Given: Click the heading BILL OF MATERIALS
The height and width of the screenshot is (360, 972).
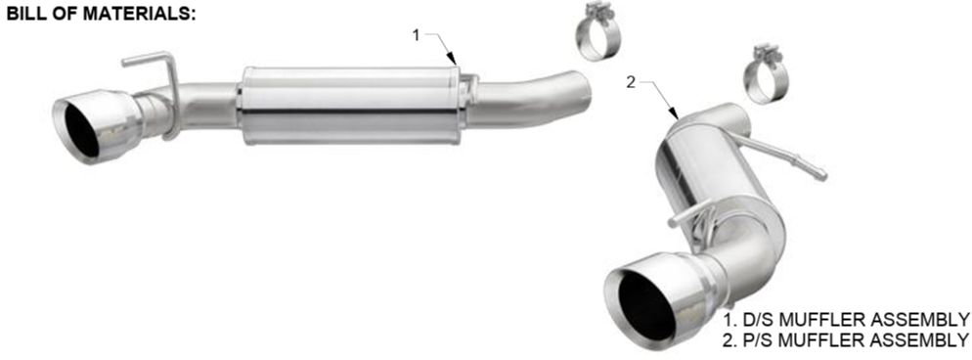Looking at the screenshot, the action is click(x=101, y=14).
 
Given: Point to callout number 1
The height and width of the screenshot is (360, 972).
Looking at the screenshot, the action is click(x=417, y=35).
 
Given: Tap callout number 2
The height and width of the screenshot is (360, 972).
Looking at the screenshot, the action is click(x=631, y=82).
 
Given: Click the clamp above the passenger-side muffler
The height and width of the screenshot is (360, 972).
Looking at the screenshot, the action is click(x=766, y=73).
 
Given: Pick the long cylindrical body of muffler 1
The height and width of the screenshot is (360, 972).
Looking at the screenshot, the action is click(x=350, y=106).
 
